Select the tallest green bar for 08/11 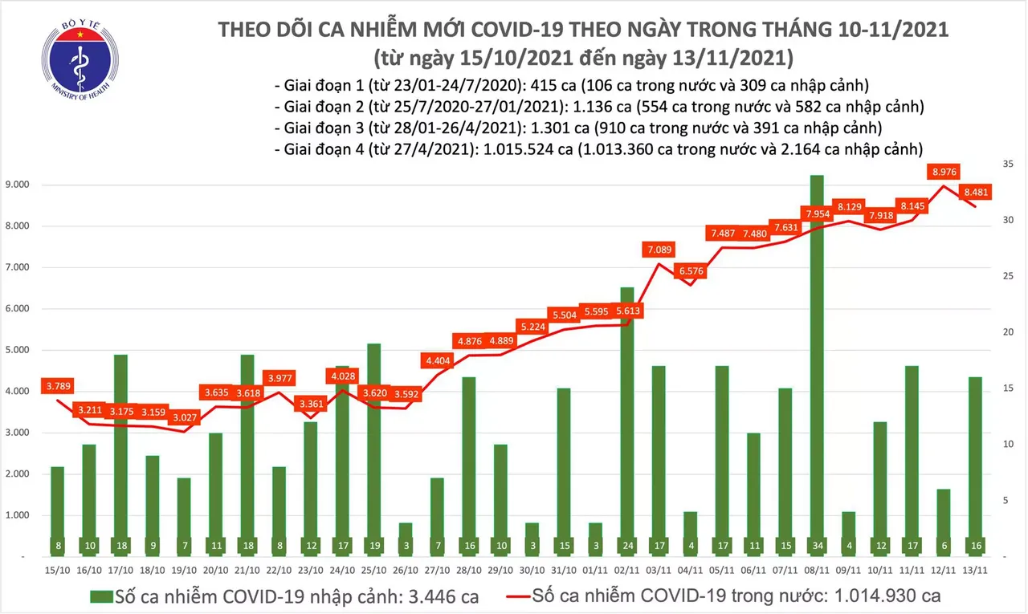(816, 361)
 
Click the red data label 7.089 (661, 250)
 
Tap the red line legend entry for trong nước (723, 596)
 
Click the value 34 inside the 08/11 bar (816, 546)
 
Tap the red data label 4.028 (342, 376)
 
